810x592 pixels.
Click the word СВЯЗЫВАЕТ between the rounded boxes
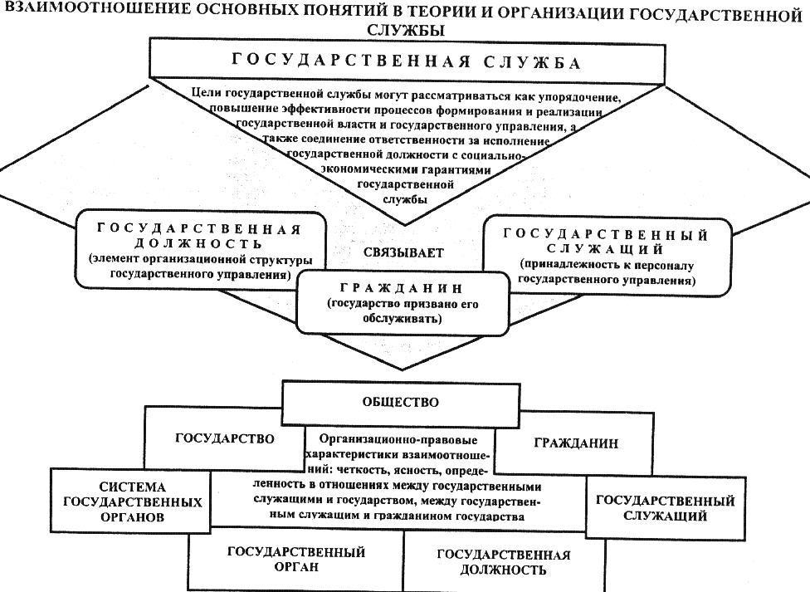[x=403, y=253]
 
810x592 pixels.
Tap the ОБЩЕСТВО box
[x=401, y=404]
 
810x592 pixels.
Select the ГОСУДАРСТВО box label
[x=225, y=439]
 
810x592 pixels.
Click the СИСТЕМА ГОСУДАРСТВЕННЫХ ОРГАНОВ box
[x=130, y=501]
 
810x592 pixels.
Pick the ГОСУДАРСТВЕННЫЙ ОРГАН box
[x=296, y=560]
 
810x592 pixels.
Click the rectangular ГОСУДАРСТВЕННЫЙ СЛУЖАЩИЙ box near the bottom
[x=666, y=507]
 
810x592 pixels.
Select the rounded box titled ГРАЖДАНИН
[x=403, y=303]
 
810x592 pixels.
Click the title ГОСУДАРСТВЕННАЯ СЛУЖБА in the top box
[x=406, y=62]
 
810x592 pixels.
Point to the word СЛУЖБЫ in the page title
[x=405, y=30]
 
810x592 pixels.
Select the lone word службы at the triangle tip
[x=405, y=199]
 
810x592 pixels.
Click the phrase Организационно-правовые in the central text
[x=398, y=440]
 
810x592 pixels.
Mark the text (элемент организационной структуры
[x=201, y=260]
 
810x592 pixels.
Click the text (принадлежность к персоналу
[x=607, y=265]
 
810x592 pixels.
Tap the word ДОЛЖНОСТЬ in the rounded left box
[x=198, y=243]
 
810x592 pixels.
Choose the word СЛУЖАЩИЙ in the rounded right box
[x=606, y=249]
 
